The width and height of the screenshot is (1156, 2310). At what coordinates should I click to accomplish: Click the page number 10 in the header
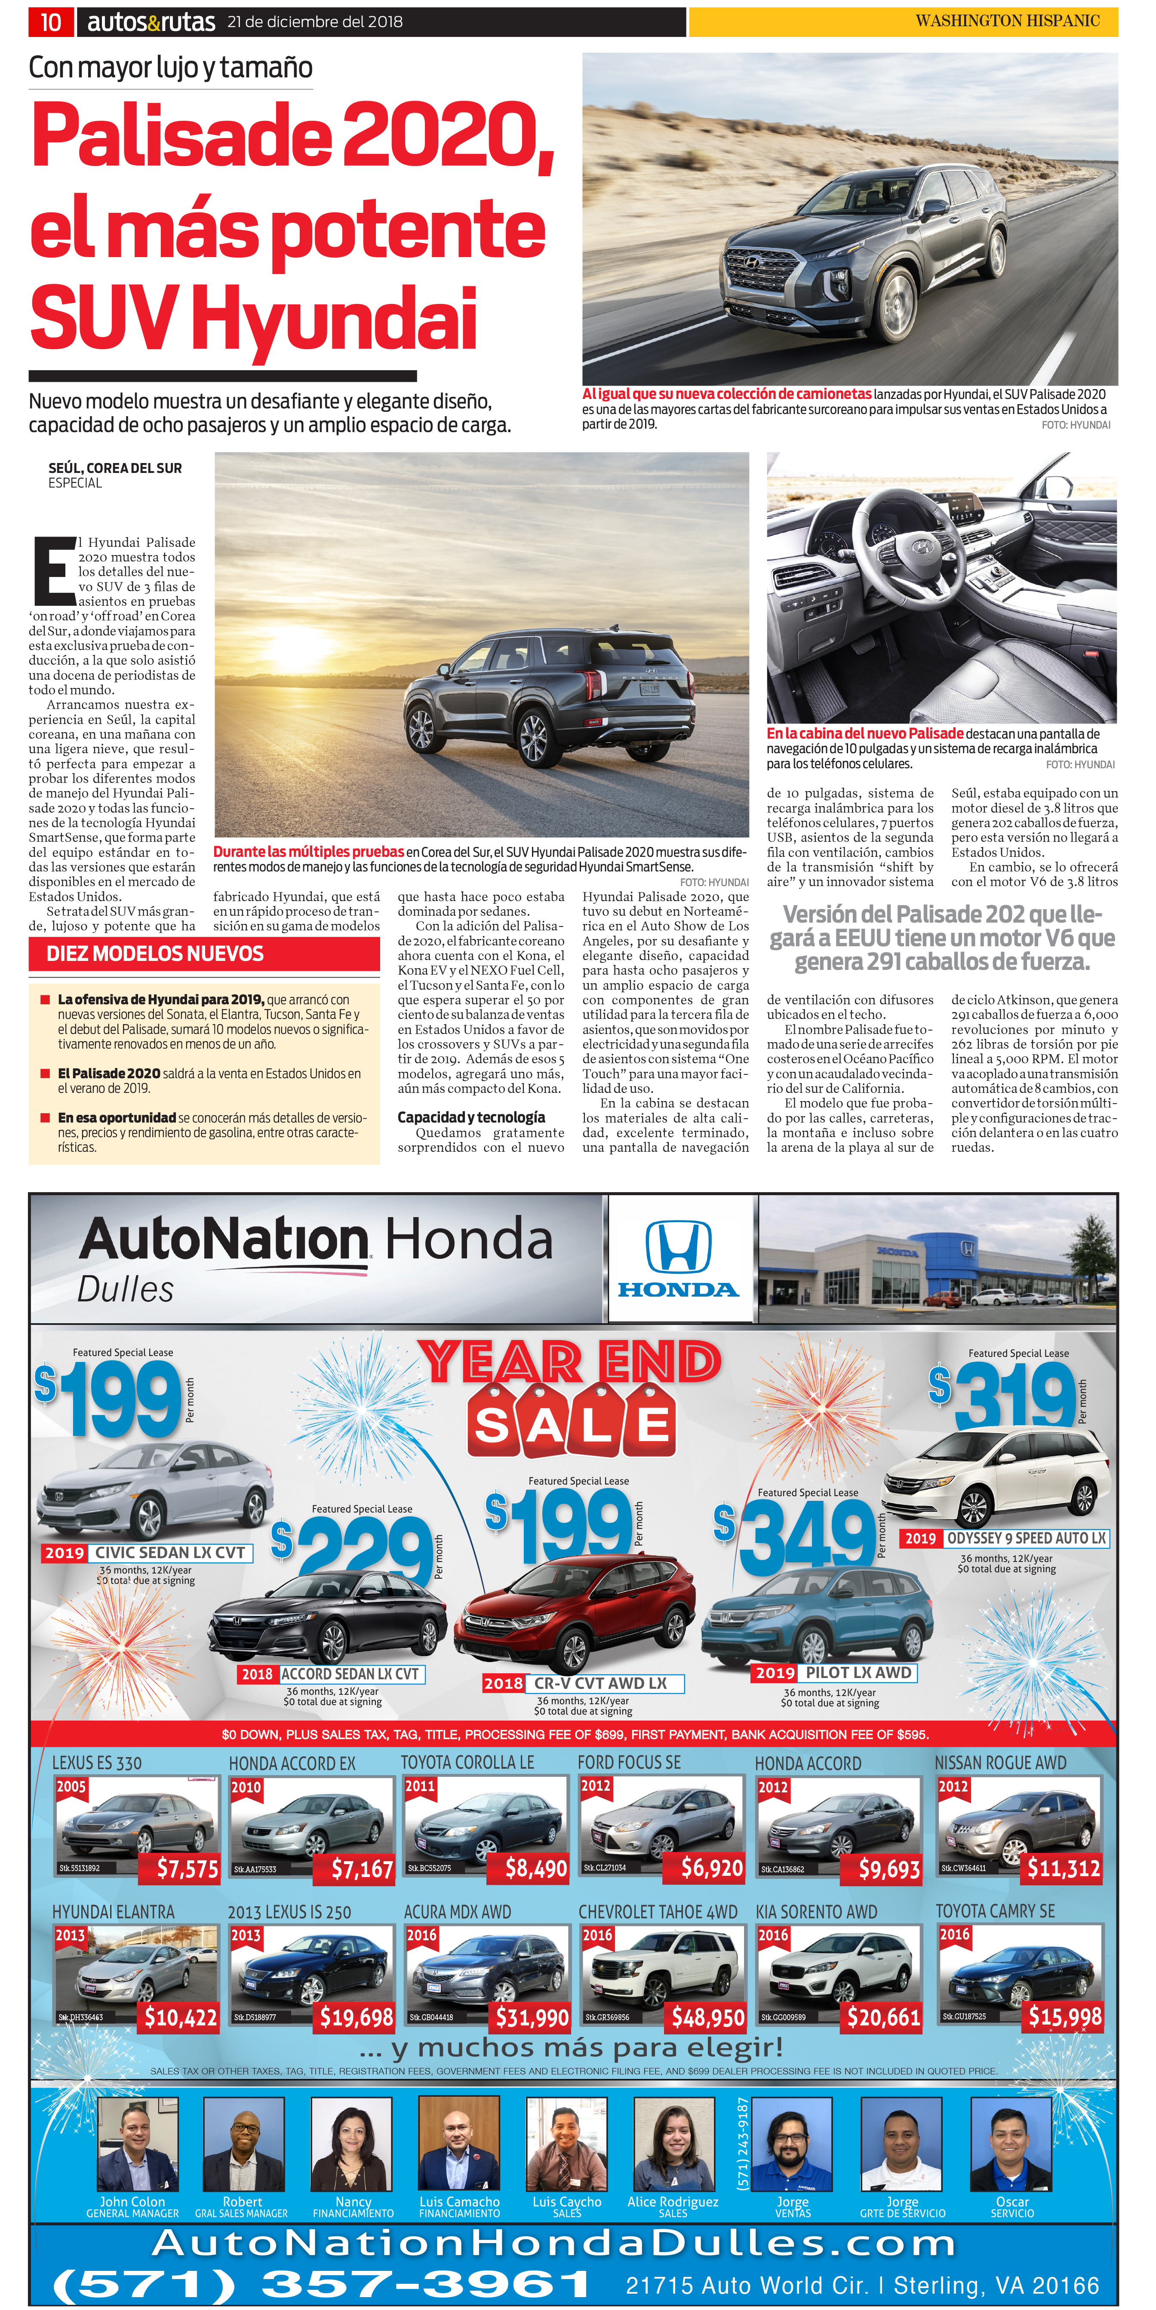click(50, 21)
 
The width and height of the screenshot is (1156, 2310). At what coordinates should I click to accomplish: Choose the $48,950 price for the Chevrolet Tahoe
click(707, 2018)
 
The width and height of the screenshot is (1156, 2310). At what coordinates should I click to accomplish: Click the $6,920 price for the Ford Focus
click(711, 1868)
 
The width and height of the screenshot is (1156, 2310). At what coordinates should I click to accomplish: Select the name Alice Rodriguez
click(673, 2202)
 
